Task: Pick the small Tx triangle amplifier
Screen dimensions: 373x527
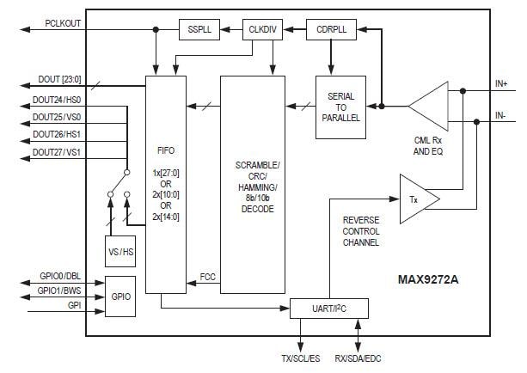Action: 418,199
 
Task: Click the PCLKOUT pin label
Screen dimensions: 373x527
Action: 63,24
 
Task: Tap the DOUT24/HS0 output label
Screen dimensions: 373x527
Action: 57,100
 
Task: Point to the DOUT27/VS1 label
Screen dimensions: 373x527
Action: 57,152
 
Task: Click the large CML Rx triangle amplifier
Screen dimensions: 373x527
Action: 427,107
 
